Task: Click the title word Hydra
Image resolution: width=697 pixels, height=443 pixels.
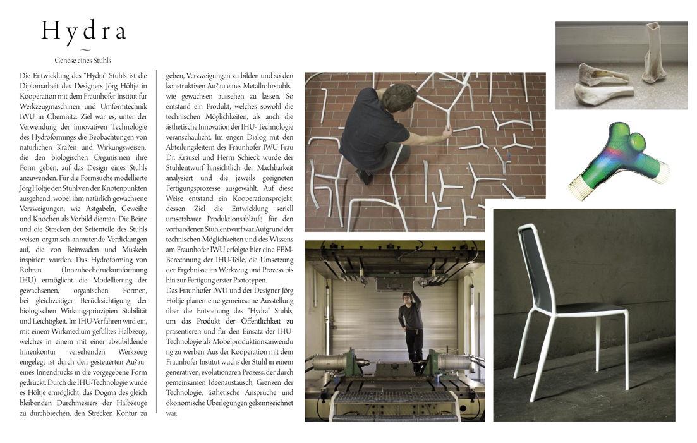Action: tap(84, 32)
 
